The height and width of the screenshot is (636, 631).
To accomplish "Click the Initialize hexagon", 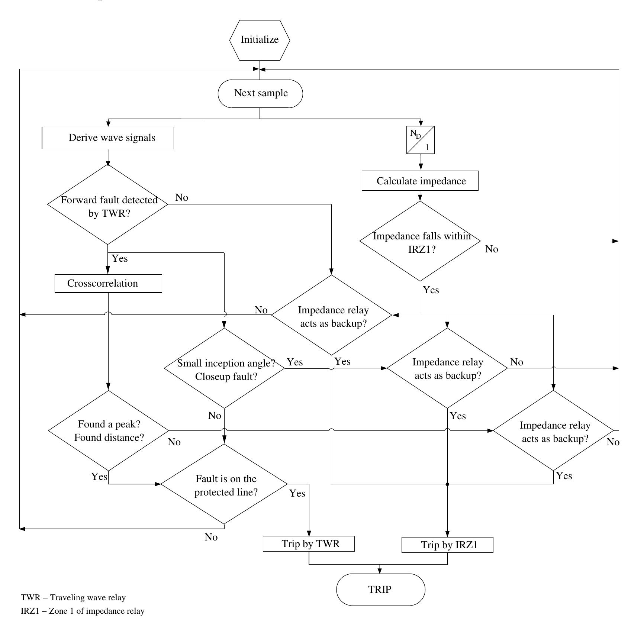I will tap(260, 40).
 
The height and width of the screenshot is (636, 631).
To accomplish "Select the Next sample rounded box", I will tap(260, 93).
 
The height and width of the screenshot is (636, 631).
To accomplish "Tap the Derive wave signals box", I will tap(108, 138).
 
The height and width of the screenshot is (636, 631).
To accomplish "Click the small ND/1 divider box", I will tap(421, 140).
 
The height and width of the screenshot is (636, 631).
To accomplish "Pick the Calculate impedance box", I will tap(420, 181).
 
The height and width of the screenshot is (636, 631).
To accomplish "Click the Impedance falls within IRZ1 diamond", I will tap(420, 241).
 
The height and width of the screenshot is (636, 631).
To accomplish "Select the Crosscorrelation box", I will tap(108, 284).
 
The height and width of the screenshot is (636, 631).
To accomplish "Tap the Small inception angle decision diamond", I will tap(224, 369).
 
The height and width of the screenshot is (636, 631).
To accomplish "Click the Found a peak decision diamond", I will tap(108, 431).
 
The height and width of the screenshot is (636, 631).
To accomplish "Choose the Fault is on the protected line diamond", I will tap(224, 485).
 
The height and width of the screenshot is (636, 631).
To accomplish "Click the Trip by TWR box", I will tap(309, 544).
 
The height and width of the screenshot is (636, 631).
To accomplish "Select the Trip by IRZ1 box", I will tap(447, 545).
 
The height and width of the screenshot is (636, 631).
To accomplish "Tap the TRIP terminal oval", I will tap(380, 590).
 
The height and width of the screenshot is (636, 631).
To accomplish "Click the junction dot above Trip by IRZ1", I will tap(447, 484).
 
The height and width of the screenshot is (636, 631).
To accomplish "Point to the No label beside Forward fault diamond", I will tap(181, 198).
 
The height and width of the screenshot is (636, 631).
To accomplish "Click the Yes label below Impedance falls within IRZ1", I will tap(431, 290).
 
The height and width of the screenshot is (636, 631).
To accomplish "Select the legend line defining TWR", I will tap(73, 598).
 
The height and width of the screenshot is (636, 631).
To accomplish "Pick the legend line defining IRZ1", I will tap(83, 611).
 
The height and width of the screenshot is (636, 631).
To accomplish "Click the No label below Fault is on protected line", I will tap(211, 537).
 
